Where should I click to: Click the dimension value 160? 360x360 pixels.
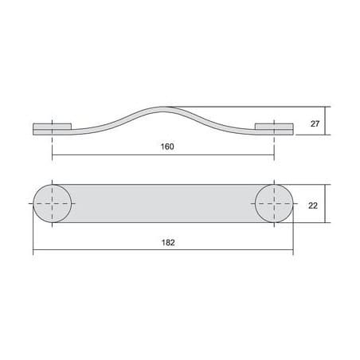click(x=167, y=147)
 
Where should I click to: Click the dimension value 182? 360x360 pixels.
click(x=168, y=243)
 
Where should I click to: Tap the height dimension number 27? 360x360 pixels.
click(x=315, y=123)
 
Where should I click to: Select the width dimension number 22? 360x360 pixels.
click(x=313, y=205)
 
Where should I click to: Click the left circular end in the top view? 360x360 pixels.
click(x=53, y=203)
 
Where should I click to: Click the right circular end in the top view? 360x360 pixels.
click(x=274, y=203)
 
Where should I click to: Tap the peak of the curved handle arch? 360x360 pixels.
click(x=163, y=107)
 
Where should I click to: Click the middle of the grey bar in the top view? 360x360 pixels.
click(x=163, y=203)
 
